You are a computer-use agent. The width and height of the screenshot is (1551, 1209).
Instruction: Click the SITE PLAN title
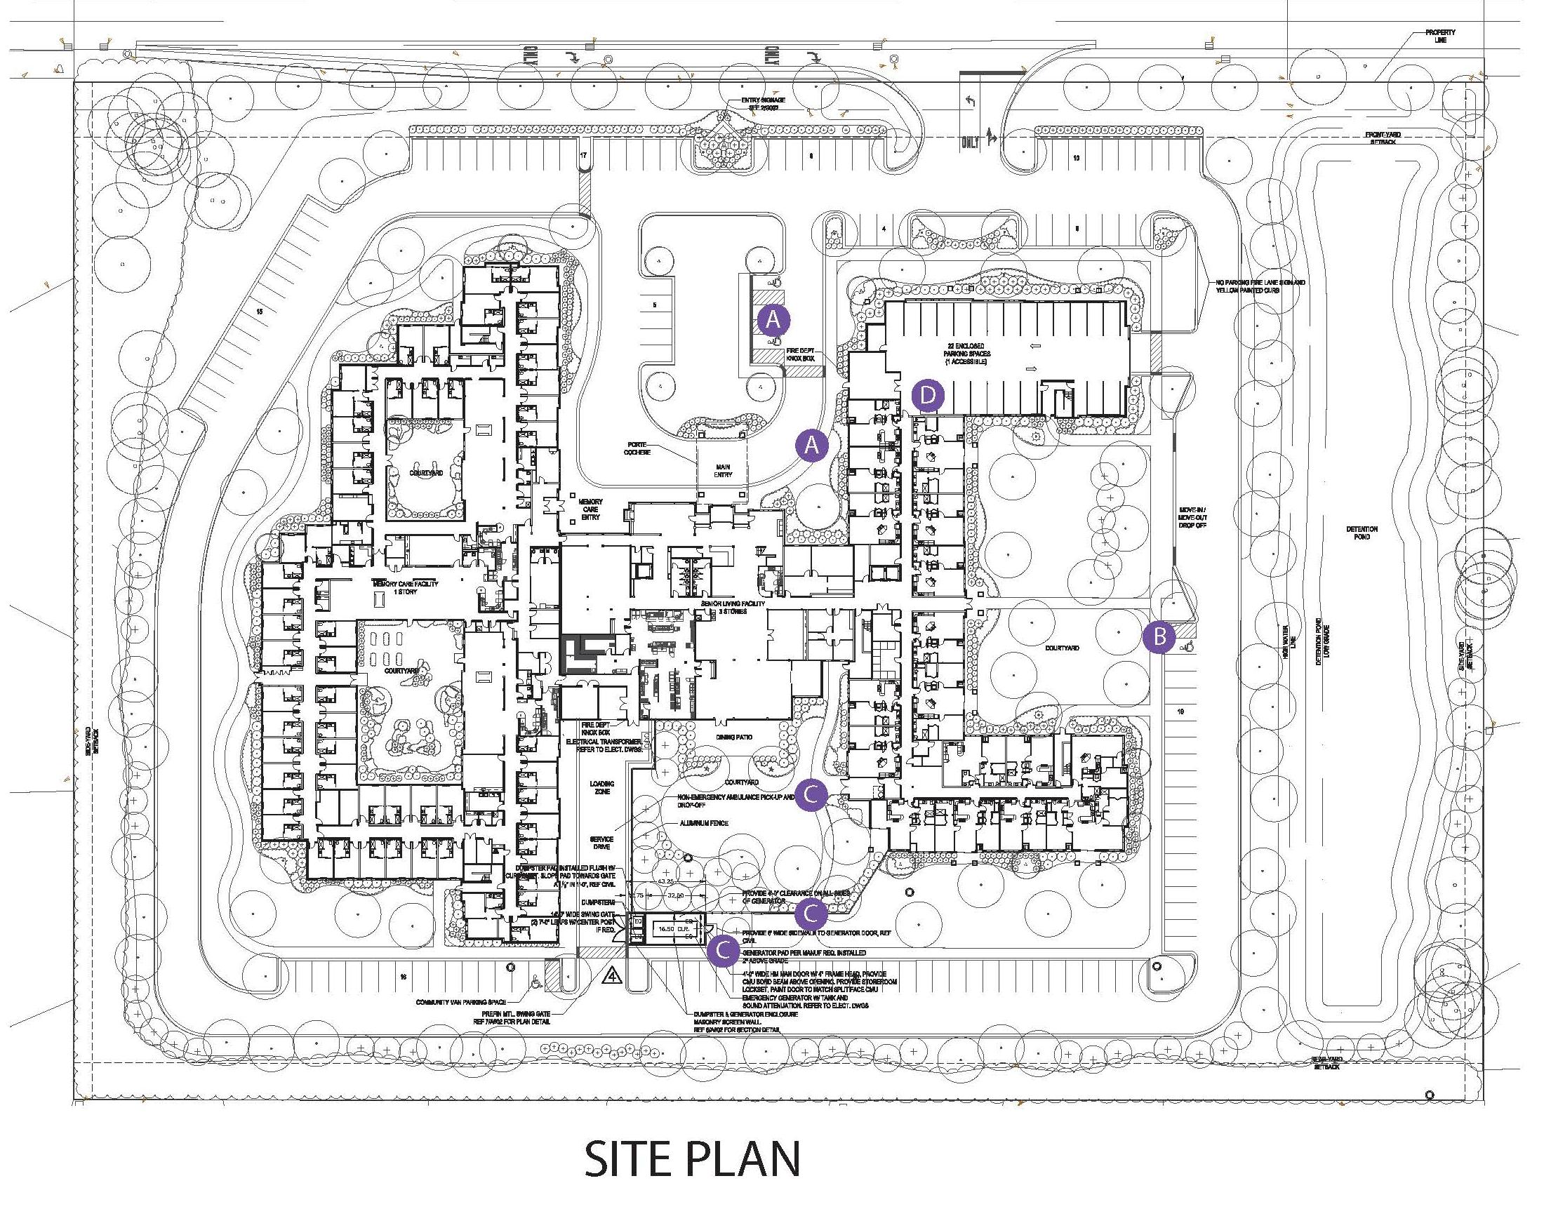pyautogui.click(x=693, y=1158)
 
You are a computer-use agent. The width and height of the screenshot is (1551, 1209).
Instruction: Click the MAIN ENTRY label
pyautogui.click(x=723, y=471)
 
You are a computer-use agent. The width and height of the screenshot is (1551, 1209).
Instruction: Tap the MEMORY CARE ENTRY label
pyautogui.click(x=590, y=509)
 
